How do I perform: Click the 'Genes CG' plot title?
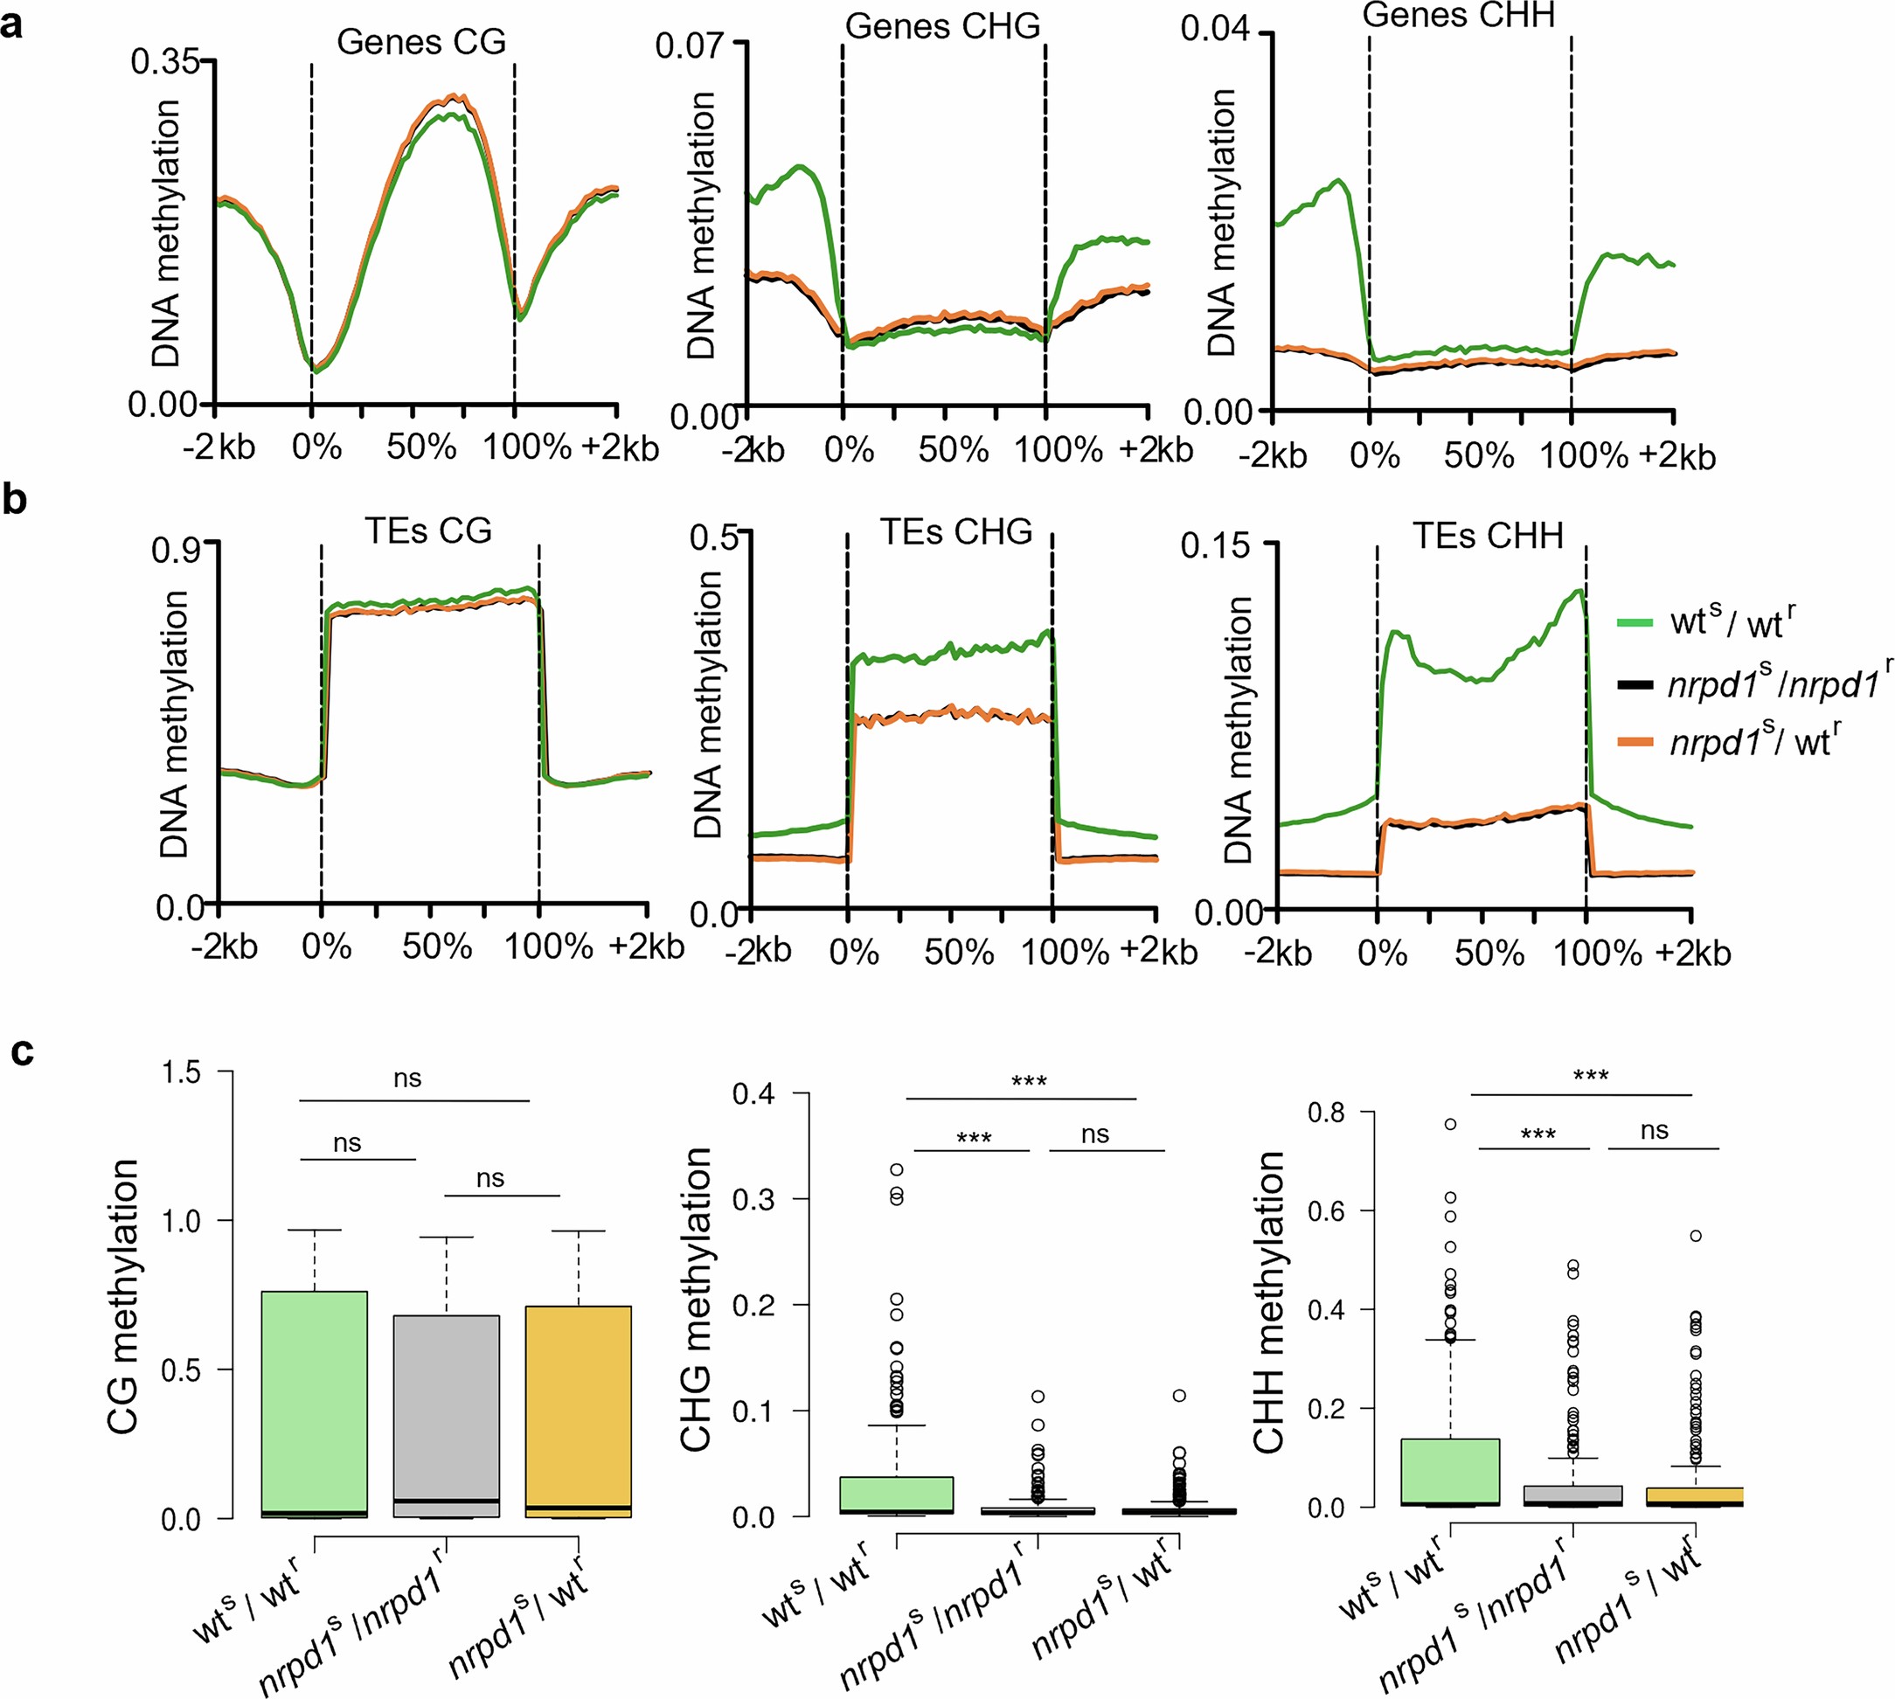421,42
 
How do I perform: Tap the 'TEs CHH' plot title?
1487,536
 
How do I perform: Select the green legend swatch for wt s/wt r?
1635,622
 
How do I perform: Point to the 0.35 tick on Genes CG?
165,63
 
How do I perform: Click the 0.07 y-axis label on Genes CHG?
688,45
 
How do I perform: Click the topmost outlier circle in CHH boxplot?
1450,1124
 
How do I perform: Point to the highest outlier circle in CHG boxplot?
896,1168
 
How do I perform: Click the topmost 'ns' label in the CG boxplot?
407,1078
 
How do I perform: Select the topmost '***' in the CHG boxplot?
1029,1082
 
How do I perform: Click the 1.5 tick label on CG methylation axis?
181,1072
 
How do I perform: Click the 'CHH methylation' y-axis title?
1269,1302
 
